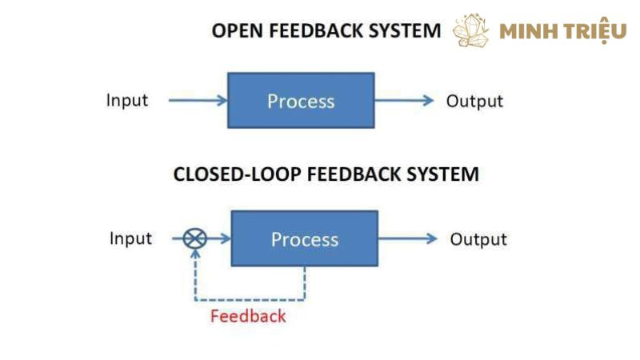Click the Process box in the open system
tap(301, 101)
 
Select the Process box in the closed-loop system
tap(304, 238)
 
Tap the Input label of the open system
tap(127, 100)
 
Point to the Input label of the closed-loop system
tap(130, 238)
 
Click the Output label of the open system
tap(474, 101)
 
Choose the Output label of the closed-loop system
tap(478, 239)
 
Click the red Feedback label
tap(248, 315)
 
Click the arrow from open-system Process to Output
tap(404, 101)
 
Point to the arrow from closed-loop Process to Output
tap(407, 238)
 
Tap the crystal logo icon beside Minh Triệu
tap(471, 30)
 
